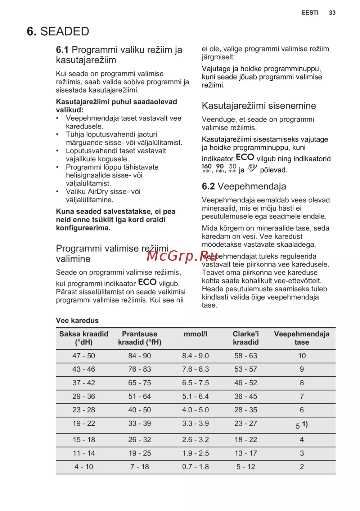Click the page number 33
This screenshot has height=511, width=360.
click(x=332, y=13)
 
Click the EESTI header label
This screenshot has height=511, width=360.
click(x=310, y=13)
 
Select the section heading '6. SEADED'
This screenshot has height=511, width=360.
click(x=58, y=31)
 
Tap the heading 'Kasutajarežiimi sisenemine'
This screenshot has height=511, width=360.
click(x=258, y=106)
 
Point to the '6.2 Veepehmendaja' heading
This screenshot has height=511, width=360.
click(x=244, y=186)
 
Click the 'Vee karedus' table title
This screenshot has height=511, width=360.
click(x=77, y=321)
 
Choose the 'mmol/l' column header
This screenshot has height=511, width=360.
click(x=195, y=334)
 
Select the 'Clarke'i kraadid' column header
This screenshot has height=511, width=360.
click(x=246, y=338)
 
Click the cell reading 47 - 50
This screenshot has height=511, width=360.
click(x=84, y=356)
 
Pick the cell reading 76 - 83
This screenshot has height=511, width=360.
click(x=139, y=369)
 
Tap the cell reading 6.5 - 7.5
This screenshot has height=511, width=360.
click(x=195, y=383)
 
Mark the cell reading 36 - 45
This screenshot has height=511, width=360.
click(x=246, y=396)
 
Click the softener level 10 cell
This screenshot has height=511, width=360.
click(x=302, y=356)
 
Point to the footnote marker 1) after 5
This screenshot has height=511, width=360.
click(x=305, y=424)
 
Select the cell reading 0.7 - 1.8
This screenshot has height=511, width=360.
click(x=195, y=467)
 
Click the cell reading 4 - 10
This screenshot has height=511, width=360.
click(x=84, y=467)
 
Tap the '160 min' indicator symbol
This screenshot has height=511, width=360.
click(x=207, y=168)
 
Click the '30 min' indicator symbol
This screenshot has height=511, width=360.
click(x=233, y=168)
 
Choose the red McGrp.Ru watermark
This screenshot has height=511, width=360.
click(x=182, y=256)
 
